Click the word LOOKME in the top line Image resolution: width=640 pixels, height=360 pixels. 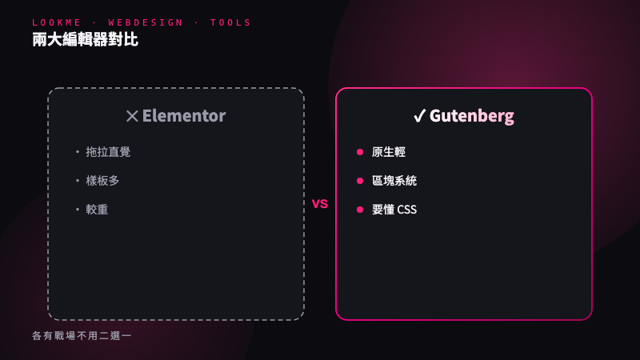click(57, 23)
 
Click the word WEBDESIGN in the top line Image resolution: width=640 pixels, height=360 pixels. click(146, 23)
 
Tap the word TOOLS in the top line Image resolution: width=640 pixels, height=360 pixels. click(230, 23)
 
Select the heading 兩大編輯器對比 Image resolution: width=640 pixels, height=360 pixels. click(86, 39)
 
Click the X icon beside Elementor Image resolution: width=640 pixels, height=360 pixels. click(132, 116)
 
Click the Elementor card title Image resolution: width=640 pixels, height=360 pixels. click(184, 116)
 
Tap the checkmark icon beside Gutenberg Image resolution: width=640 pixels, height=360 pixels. click(419, 116)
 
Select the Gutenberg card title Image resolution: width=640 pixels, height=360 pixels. click(472, 116)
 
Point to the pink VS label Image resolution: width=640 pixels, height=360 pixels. click(320, 204)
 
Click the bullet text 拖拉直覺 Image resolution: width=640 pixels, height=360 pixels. click(108, 152)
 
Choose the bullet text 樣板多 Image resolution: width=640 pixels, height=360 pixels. click(102, 181)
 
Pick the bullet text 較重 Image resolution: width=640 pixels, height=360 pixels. click(97, 210)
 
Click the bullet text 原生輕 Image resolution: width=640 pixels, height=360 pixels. click(389, 152)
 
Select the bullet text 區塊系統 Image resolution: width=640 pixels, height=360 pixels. click(394, 181)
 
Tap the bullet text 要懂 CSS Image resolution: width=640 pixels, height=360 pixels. click(394, 210)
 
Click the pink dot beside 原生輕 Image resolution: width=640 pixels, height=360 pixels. click(360, 152)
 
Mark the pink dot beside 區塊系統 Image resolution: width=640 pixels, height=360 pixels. click(360, 181)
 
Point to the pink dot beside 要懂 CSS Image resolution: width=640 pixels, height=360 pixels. click(360, 210)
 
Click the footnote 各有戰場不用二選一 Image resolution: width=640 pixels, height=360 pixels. click(82, 336)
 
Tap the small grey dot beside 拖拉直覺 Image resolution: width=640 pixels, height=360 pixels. click(78, 152)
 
